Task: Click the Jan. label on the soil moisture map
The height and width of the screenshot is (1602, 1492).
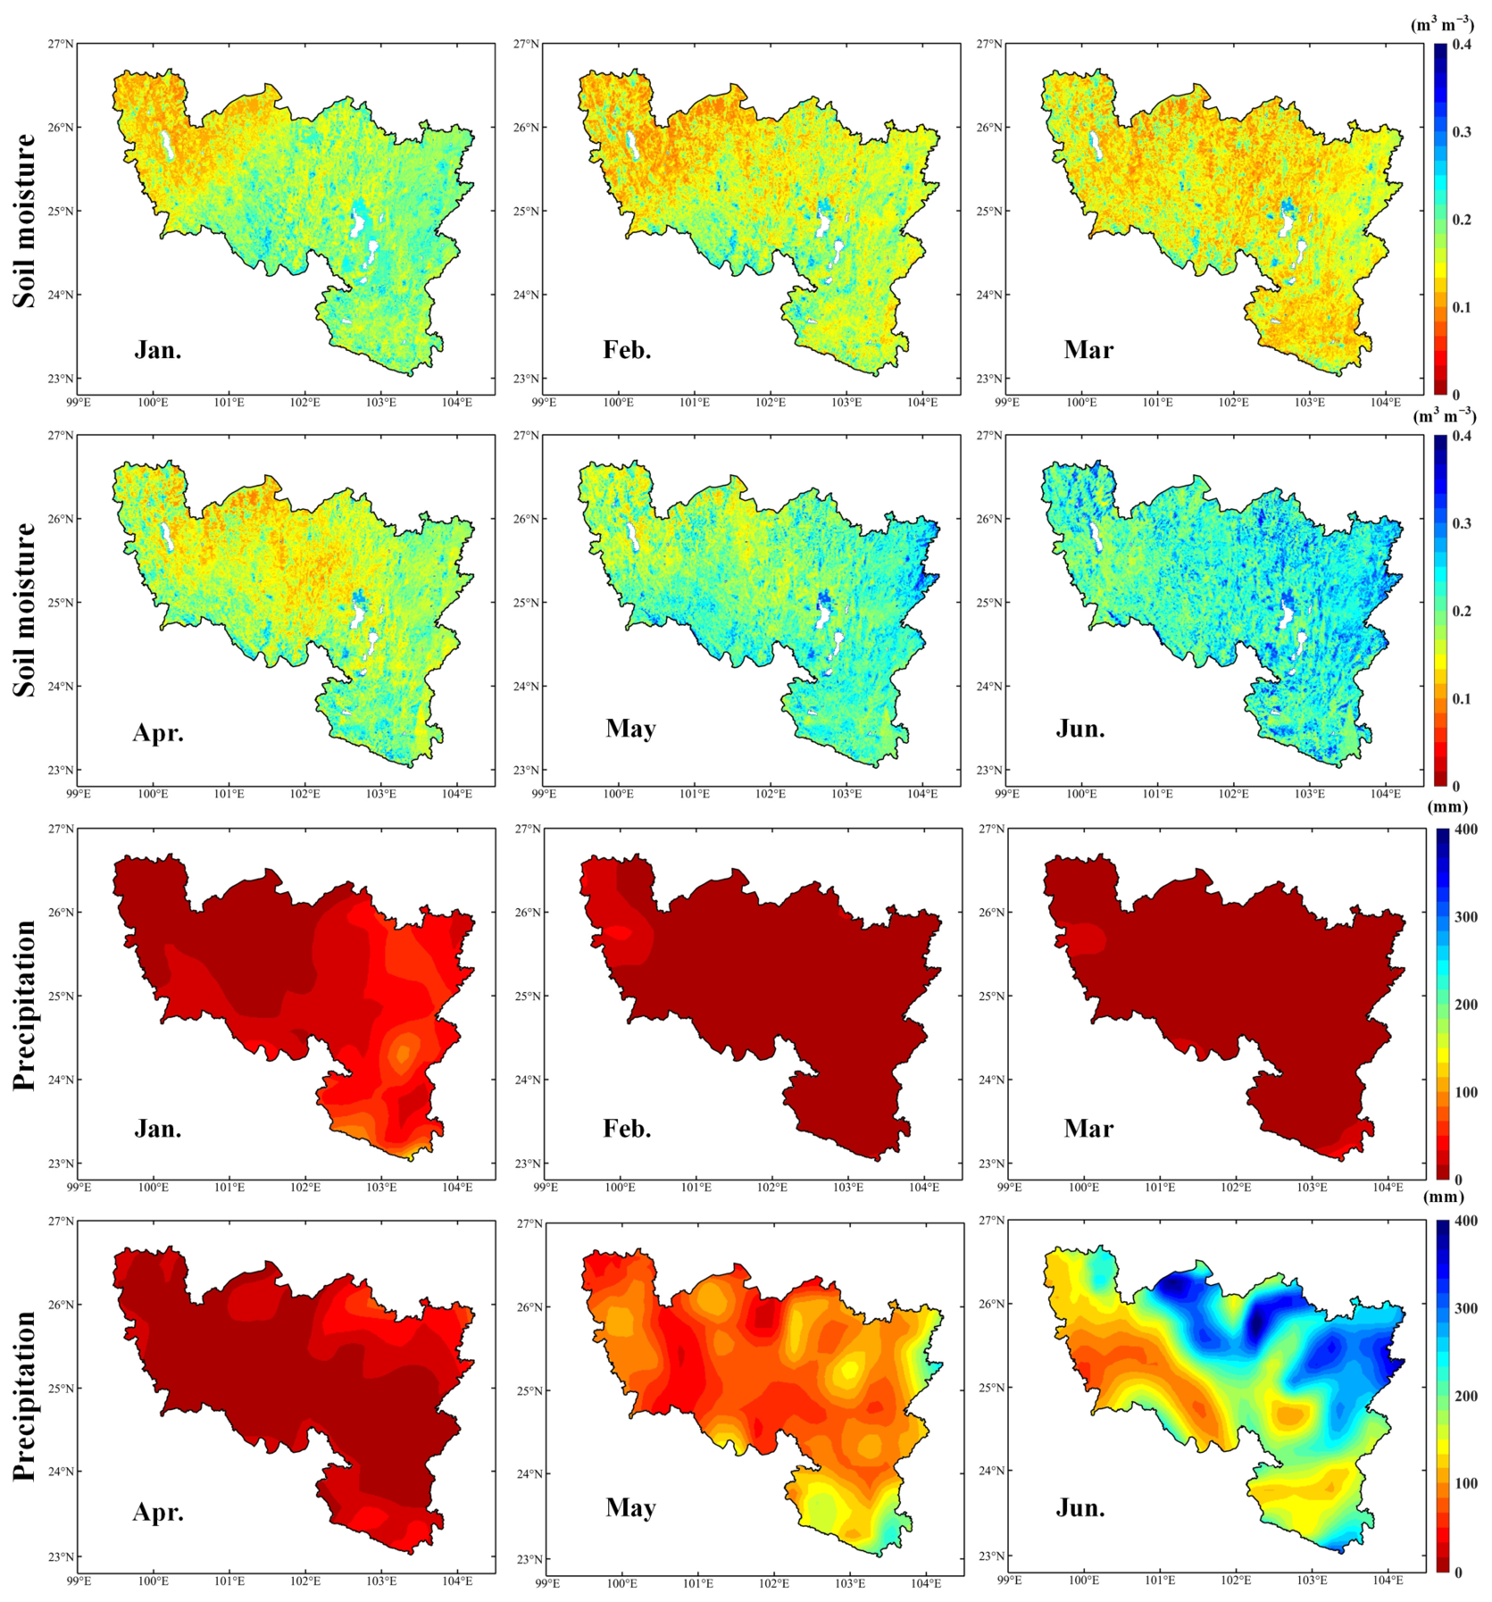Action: click(158, 349)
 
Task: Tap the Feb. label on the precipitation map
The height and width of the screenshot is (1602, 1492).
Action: click(627, 1128)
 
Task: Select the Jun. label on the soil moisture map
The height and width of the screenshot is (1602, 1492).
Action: click(1080, 729)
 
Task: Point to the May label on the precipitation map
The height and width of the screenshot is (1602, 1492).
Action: click(630, 1508)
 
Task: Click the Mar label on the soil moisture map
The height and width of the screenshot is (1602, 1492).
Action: click(1088, 349)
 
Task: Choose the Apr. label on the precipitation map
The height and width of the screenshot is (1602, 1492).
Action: click(158, 1512)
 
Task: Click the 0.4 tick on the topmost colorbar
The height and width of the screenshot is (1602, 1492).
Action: click(1462, 45)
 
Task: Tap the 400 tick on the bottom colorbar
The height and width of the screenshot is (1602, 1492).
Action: click(1465, 1221)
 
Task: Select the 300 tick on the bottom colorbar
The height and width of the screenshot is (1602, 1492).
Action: click(1465, 1308)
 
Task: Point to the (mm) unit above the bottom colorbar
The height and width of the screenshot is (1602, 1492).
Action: click(1446, 1197)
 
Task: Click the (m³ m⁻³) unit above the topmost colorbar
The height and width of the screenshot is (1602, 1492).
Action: click(1442, 24)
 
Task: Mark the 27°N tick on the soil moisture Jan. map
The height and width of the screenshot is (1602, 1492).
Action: click(62, 44)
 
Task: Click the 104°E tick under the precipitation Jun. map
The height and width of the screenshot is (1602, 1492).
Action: click(1388, 1580)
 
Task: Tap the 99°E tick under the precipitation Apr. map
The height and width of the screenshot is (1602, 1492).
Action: click(79, 1581)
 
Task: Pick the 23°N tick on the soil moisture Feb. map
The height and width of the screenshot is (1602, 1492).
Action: click(527, 379)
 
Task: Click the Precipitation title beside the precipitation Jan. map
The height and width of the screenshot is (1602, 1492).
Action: click(25, 1005)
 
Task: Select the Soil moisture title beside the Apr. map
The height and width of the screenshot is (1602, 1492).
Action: click(25, 610)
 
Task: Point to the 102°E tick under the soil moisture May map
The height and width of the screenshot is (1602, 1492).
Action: click(771, 794)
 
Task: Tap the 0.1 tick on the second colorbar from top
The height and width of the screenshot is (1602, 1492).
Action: click(1462, 698)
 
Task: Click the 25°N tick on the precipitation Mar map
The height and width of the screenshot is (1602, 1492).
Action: click(992, 996)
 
